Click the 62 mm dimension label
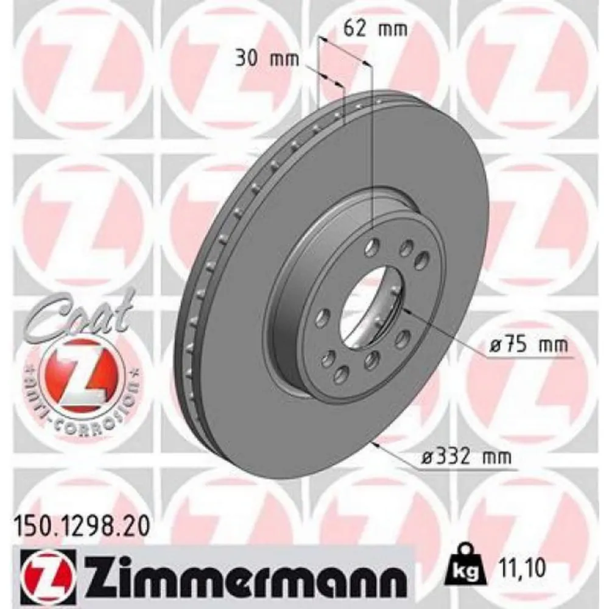click(375, 29)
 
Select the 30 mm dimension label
click(267, 60)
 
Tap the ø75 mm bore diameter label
click(528, 345)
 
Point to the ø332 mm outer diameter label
click(466, 457)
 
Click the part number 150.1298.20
click(82, 527)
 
